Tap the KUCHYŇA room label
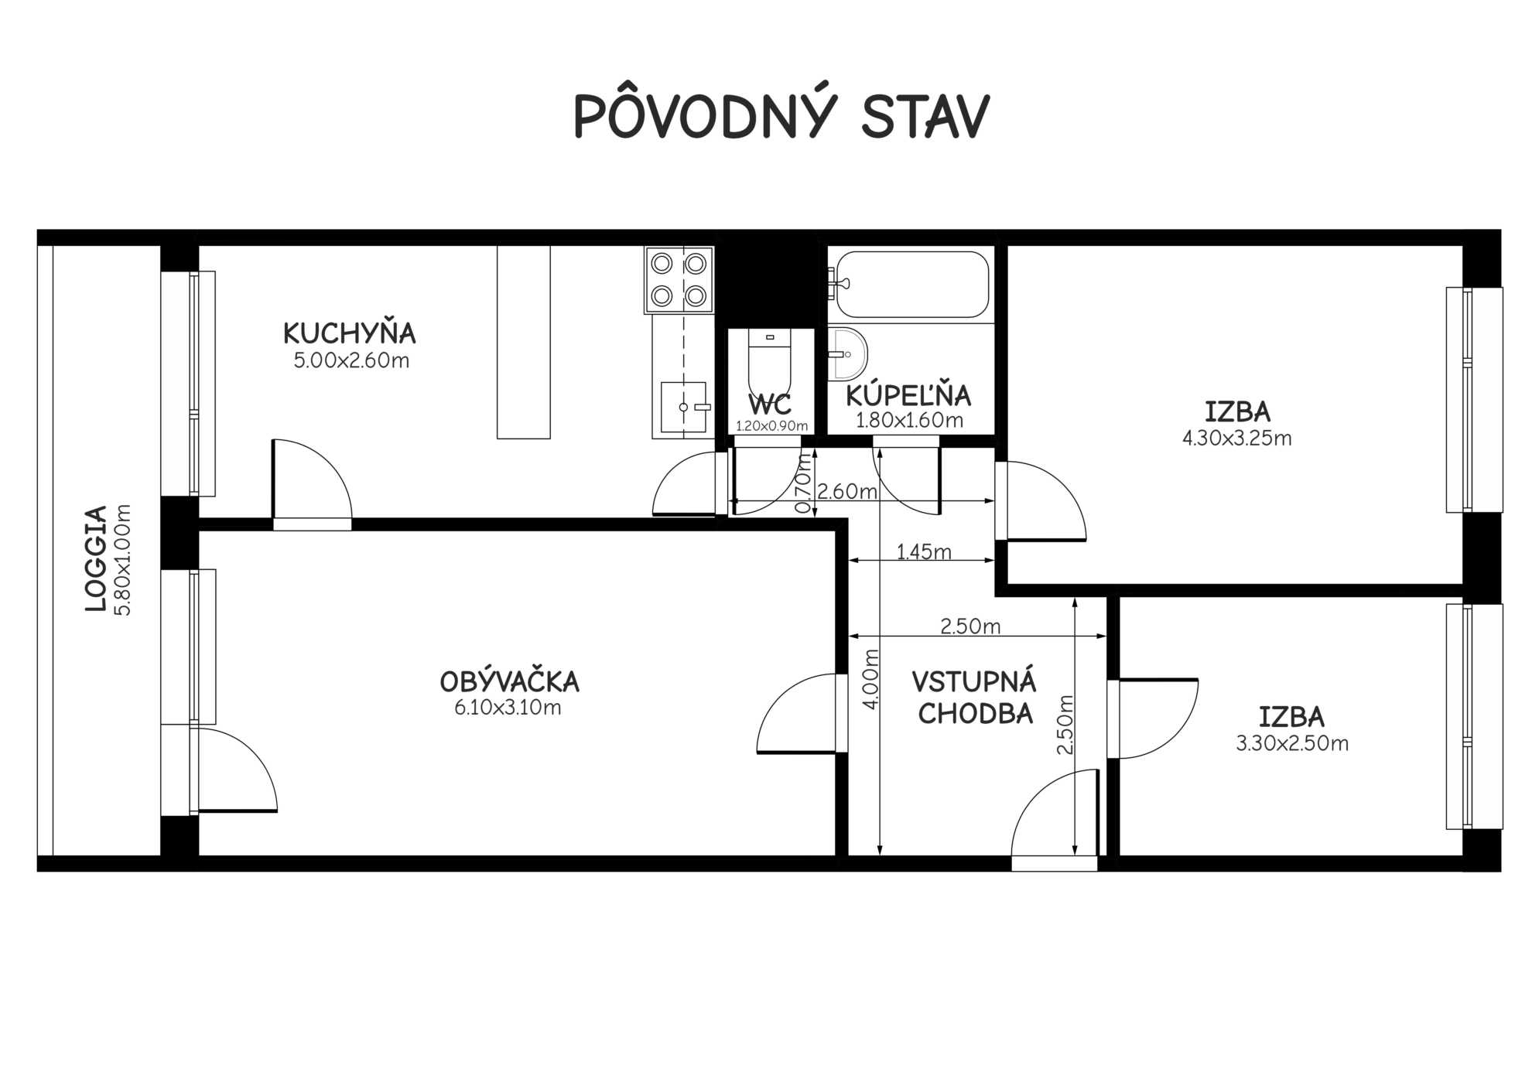(350, 333)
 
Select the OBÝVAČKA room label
(509, 681)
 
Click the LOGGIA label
(95, 558)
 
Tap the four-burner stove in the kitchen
(679, 279)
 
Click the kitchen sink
(684, 407)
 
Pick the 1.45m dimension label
(924, 551)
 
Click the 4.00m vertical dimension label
(871, 679)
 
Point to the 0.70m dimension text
(804, 483)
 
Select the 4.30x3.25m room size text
(1236, 439)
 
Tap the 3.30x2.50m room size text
(1292, 743)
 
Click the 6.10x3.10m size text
(508, 707)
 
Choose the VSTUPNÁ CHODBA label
(974, 698)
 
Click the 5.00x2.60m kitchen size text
(351, 360)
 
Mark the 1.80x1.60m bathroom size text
(909, 421)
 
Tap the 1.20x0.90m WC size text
(771, 425)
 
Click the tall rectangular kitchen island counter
(523, 342)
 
